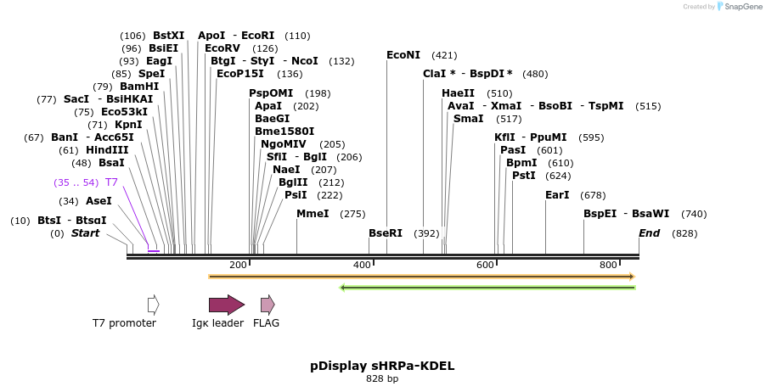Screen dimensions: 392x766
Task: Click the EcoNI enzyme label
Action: tap(403, 55)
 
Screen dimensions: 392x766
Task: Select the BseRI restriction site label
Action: tap(385, 233)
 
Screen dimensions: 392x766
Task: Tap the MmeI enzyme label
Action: tap(313, 214)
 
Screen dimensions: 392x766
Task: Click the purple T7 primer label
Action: tap(111, 182)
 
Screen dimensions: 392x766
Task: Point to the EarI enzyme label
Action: tap(557, 195)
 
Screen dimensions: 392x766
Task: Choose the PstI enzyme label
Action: tap(523, 176)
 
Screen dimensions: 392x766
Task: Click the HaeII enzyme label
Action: tap(459, 93)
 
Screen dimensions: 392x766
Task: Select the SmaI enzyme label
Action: tap(468, 119)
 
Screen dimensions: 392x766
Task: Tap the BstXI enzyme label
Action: tap(168, 36)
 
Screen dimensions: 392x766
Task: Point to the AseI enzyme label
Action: tap(99, 201)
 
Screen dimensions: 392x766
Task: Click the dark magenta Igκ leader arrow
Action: tap(227, 305)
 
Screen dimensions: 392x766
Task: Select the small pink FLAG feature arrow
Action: tap(268, 305)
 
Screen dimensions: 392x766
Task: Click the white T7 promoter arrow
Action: tap(153, 305)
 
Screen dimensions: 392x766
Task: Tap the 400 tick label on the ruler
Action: tap(363, 266)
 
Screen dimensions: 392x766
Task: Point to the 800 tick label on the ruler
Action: tap(608, 266)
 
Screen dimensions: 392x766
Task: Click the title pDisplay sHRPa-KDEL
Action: tap(382, 366)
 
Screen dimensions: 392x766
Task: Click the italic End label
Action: tap(650, 233)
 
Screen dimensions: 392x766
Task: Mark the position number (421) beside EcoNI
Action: tap(444, 55)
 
